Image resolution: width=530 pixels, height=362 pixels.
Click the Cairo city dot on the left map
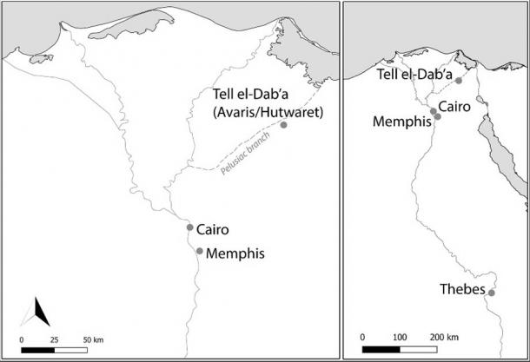pos(189,227)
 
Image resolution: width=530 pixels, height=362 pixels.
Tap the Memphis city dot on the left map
pos(200,252)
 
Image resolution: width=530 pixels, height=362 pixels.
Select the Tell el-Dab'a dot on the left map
pos(283,125)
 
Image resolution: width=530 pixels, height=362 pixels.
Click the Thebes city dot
pos(492,293)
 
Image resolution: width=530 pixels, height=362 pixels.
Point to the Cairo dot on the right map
pos(433,110)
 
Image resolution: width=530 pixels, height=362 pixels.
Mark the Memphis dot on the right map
pos(437,117)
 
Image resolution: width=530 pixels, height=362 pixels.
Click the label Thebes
pos(462,290)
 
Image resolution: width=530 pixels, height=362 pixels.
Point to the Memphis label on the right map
pos(401,122)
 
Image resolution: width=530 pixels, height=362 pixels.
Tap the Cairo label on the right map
pos(455,106)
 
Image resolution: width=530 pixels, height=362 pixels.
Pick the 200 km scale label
pos(443,336)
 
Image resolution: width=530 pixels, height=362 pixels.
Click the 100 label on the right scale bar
pos(401,336)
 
